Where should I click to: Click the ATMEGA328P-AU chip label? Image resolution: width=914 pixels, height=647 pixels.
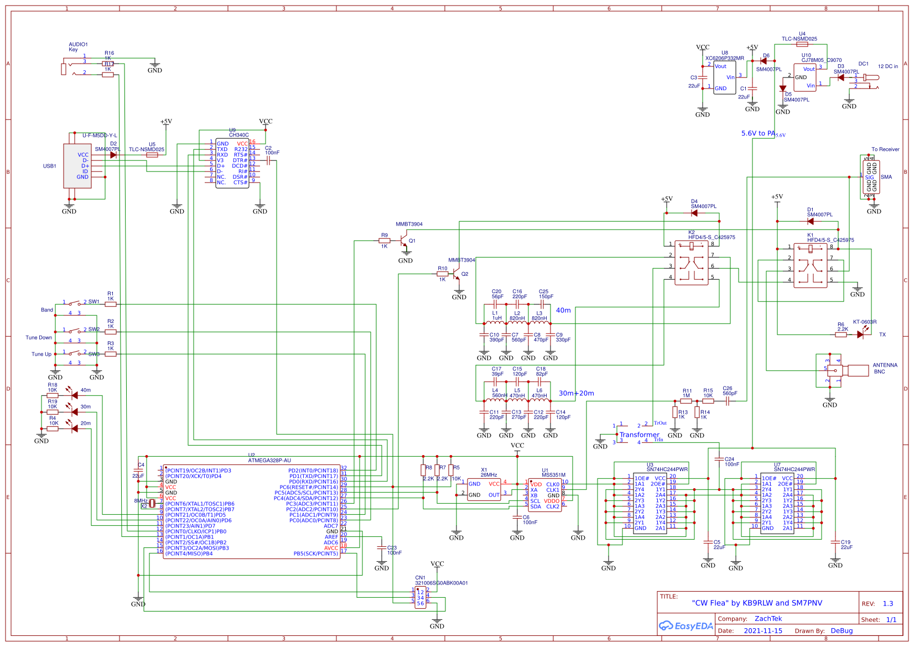point(269,460)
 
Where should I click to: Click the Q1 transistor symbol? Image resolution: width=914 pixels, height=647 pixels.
point(405,241)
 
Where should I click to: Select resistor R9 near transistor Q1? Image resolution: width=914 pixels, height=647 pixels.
point(384,241)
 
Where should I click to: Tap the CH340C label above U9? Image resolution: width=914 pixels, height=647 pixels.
point(238,135)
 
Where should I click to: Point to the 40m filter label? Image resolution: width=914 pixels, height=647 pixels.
point(563,310)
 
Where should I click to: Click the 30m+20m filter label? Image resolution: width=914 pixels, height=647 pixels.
point(576,393)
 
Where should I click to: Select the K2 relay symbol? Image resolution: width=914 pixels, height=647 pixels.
point(691,263)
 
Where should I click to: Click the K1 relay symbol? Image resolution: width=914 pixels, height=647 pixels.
point(810,265)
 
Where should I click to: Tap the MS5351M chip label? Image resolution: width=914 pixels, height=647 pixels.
point(553,475)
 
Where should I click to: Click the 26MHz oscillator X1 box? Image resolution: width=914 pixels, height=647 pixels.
point(484,489)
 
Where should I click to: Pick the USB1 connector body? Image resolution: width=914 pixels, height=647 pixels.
point(77,166)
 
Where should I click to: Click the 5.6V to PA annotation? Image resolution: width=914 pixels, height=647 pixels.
point(757,133)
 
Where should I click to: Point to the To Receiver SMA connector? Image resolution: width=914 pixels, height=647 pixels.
point(871,177)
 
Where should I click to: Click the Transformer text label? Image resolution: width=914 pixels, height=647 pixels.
point(639,435)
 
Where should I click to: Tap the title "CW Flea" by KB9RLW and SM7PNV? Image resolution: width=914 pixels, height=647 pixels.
point(756,603)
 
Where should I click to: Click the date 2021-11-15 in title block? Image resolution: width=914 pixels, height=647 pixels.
point(762,630)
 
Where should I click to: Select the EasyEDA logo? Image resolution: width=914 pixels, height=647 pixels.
point(685,626)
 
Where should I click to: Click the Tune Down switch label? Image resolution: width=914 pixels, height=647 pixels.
point(39,337)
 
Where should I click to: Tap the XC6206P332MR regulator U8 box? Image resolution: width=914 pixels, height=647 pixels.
point(724,78)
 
